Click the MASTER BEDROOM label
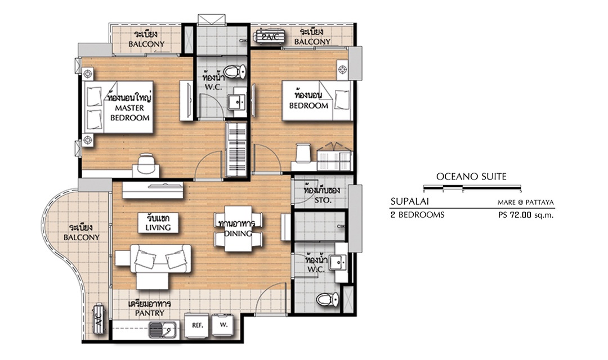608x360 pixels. pos(129,112)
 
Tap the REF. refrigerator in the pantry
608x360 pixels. pos(198,325)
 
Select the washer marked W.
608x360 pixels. pos(223,325)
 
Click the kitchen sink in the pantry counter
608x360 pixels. pos(163,330)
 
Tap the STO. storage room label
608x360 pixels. pos(323,200)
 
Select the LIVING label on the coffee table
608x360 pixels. pos(158,227)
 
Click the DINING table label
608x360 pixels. pos(238,233)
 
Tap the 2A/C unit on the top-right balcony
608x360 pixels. pos(270,37)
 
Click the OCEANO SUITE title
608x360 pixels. pos(471,177)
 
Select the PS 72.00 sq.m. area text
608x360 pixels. pos(526,215)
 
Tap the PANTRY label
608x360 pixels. pos(150,313)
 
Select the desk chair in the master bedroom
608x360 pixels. pos(146,163)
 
